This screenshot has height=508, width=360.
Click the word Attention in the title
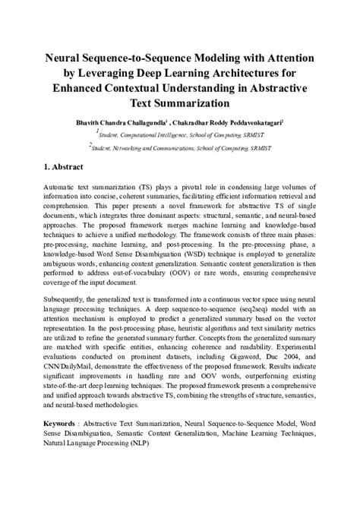tap(289, 58)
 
